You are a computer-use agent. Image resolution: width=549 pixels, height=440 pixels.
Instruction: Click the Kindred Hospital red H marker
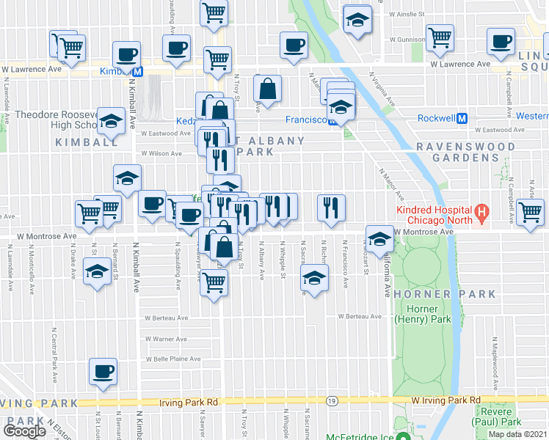click(x=481, y=214)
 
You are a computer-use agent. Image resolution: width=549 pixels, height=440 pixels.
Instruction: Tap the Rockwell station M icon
click(x=462, y=118)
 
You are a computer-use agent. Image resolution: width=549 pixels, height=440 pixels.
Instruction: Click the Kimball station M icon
click(x=137, y=71)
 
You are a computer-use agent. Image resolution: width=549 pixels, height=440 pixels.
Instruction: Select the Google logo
click(x=24, y=430)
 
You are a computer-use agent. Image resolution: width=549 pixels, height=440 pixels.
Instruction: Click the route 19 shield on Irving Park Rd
click(x=332, y=401)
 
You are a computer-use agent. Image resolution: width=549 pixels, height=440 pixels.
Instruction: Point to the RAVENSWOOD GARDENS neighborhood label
click(x=465, y=152)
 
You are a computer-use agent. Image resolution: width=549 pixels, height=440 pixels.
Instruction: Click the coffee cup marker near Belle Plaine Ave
click(x=103, y=372)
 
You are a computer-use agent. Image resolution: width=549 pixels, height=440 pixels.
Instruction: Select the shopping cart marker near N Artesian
click(x=530, y=212)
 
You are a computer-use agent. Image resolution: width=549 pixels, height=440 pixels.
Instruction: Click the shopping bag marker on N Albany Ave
click(x=268, y=89)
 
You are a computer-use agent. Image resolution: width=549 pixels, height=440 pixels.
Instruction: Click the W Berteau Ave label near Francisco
click(x=360, y=316)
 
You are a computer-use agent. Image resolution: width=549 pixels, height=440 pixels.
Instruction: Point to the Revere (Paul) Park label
click(x=498, y=416)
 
